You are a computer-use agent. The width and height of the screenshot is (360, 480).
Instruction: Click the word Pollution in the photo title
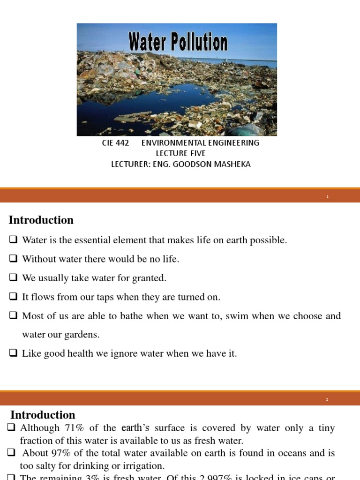point(198,43)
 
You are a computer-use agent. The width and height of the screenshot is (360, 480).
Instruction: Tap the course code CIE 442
point(115,143)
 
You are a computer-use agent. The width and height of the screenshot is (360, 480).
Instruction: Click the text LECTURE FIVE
point(180,153)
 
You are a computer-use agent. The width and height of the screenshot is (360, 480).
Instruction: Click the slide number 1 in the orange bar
point(328,197)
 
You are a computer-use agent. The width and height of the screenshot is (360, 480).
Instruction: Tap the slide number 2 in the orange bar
point(327,399)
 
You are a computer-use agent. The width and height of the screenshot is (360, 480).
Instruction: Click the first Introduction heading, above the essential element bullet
point(41,220)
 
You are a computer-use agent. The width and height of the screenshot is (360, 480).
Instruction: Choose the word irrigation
point(140,466)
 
